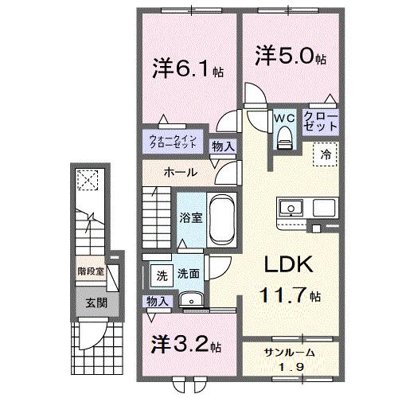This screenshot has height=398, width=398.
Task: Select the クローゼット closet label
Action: pyautogui.click(x=321, y=121)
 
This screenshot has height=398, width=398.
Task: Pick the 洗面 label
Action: pyautogui.click(x=189, y=274)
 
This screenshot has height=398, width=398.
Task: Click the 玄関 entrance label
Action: pyautogui.click(x=92, y=302)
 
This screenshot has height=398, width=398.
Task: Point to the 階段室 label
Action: pyautogui.click(x=92, y=272)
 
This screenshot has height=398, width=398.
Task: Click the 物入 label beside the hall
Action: pyautogui.click(x=224, y=146)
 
